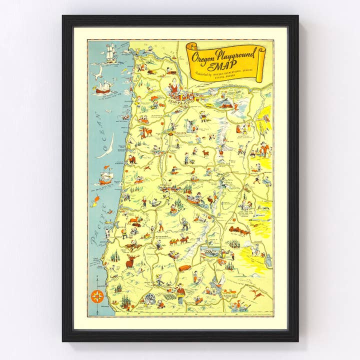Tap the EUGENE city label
165,185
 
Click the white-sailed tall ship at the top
110,52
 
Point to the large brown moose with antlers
131,260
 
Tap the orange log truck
184,268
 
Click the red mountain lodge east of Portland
227,104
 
